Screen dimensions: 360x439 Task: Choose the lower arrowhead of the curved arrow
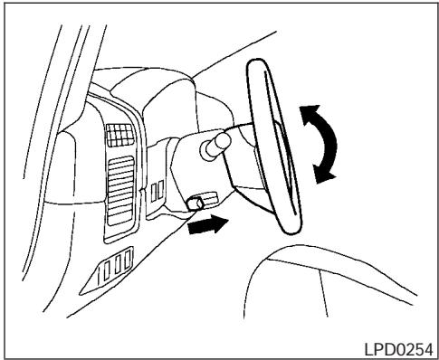pyautogui.click(x=323, y=175)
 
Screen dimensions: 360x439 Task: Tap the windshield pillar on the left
pyautogui.click(x=41, y=136)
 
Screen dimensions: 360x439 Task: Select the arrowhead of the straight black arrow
pyautogui.click(x=217, y=223)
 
